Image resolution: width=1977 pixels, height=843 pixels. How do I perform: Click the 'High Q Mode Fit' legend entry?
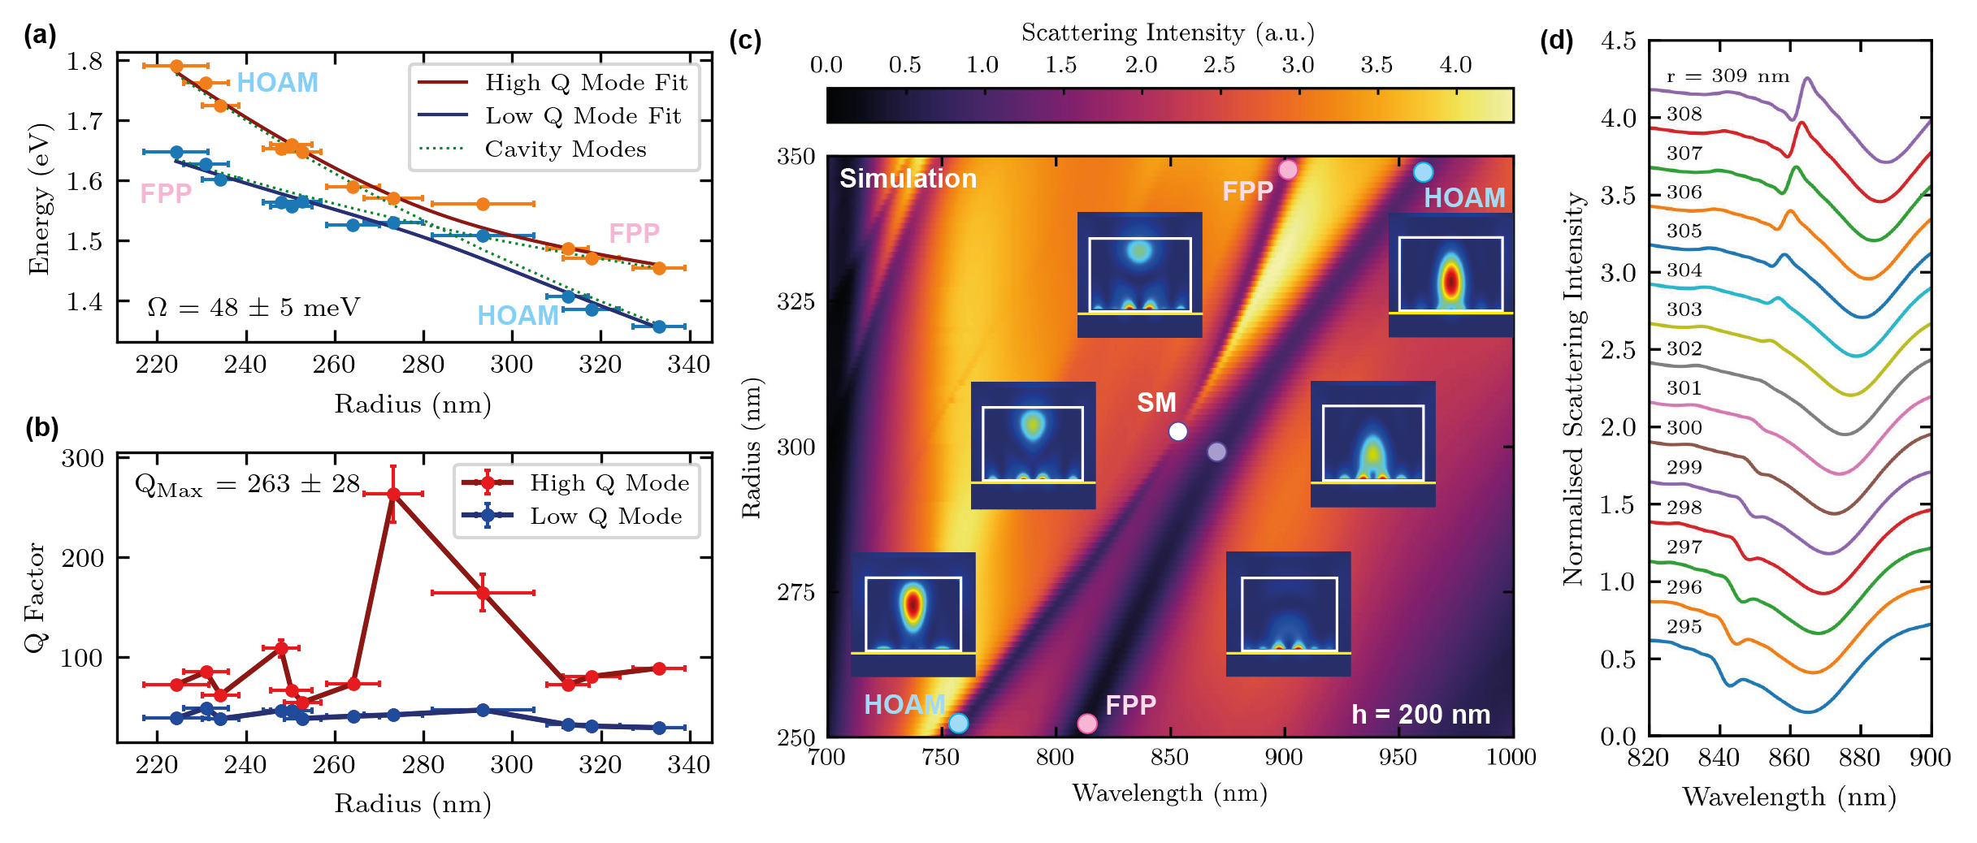(x=585, y=82)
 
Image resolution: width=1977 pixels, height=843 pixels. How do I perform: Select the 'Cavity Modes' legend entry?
(x=566, y=149)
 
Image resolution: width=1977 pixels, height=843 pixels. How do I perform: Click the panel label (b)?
(x=41, y=428)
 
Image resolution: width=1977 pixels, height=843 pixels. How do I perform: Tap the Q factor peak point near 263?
(x=393, y=494)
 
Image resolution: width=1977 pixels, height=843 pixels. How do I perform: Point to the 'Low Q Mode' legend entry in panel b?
(x=605, y=517)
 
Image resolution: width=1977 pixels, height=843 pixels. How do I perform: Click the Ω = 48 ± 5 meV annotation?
(x=253, y=308)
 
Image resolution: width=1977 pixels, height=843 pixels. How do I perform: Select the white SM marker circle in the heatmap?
(x=1177, y=431)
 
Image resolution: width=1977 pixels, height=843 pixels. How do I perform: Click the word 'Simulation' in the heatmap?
(x=908, y=179)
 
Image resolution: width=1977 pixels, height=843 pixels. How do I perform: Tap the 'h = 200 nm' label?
(x=1420, y=715)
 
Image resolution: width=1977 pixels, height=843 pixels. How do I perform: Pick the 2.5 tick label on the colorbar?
(x=1220, y=65)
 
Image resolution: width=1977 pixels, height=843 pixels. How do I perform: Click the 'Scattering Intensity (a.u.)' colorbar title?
(x=1168, y=32)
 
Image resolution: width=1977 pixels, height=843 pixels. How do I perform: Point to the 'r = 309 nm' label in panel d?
(x=1728, y=76)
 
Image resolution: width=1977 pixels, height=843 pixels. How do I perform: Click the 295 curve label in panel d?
(x=1684, y=627)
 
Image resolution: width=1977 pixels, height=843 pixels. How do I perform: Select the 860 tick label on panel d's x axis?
(x=1788, y=759)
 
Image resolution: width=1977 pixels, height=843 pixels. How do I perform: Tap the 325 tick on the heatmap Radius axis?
(x=796, y=302)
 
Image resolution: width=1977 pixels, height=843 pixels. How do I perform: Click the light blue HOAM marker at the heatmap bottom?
(x=959, y=723)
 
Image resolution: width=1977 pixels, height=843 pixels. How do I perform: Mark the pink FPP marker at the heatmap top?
(x=1288, y=170)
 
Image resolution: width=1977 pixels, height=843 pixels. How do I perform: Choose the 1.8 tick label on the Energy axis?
(x=85, y=62)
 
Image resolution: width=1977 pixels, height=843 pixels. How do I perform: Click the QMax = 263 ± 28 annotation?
(x=247, y=485)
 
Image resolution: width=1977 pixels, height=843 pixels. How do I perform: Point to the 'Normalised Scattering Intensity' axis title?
(x=1574, y=388)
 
